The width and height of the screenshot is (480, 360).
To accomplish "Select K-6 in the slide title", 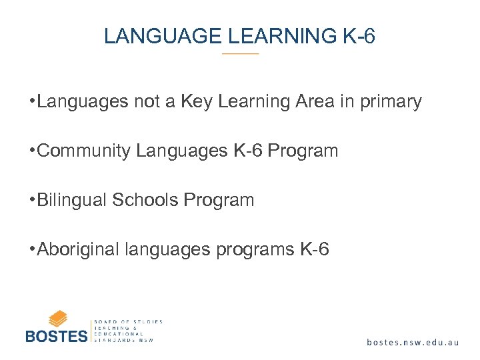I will click(x=359, y=36).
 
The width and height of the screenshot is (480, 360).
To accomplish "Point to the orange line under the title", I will click(x=240, y=53).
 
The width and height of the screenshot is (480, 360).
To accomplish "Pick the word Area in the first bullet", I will click(x=313, y=101).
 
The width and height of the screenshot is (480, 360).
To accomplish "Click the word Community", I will click(x=85, y=151).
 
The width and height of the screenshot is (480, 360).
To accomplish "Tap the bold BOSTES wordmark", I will click(x=56, y=335).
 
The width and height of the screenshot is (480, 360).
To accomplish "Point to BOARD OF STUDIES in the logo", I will click(x=129, y=321).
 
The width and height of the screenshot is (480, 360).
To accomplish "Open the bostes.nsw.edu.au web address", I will click(x=413, y=342).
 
